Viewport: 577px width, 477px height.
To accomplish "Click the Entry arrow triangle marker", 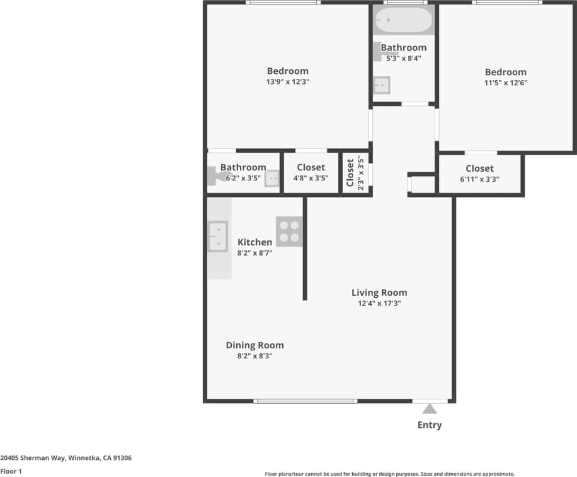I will (430, 409).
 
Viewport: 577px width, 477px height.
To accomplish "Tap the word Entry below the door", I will (430, 425).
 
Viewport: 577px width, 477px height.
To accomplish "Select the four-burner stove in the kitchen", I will (289, 231).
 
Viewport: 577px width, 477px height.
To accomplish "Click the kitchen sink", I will (218, 236).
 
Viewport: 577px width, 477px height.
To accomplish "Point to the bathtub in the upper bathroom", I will (403, 20).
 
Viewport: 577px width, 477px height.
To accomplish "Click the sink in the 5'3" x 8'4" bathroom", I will (382, 85).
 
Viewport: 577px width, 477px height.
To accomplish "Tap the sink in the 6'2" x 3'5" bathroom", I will (271, 179).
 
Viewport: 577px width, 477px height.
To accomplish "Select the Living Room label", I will (379, 293).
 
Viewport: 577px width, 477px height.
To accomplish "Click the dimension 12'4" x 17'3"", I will (379, 303).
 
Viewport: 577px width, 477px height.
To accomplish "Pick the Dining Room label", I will (254, 345).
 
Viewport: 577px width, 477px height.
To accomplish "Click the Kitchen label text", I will (254, 242).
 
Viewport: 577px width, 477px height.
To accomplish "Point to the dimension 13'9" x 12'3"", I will (287, 82).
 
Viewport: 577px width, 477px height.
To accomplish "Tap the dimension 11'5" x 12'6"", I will (505, 83).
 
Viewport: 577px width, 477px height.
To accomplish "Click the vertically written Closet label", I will (350, 173).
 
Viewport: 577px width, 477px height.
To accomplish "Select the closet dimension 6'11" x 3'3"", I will (479, 179).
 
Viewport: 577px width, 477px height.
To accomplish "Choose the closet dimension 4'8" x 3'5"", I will (311, 178).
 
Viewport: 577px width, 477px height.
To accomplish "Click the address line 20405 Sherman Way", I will (66, 459).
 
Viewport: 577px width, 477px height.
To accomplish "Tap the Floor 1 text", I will (11, 471).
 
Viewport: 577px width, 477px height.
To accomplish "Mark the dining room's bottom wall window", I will (306, 401).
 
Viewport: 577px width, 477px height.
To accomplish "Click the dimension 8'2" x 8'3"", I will (254, 356).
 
